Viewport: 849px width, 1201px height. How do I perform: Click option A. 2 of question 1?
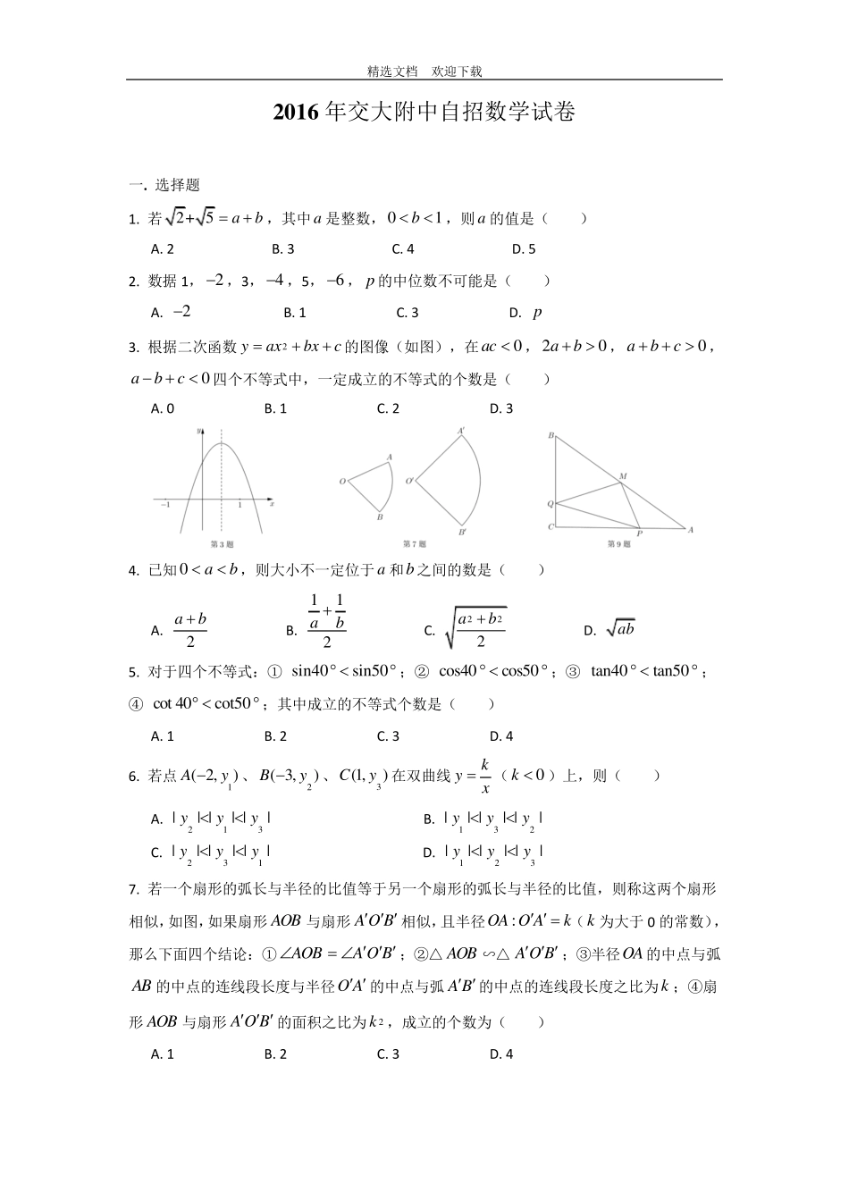pyautogui.click(x=163, y=249)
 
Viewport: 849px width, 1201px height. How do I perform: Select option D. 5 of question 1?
pyautogui.click(x=524, y=249)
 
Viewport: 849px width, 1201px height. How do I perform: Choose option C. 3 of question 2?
pyautogui.click(x=408, y=313)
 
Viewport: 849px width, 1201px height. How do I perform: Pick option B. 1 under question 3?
pyautogui.click(x=275, y=408)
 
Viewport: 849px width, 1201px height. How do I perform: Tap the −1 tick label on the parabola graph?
pyautogui.click(x=165, y=506)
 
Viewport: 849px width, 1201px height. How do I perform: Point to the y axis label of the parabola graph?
pyautogui.click(x=198, y=432)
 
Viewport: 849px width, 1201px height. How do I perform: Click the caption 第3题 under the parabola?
pyautogui.click(x=221, y=543)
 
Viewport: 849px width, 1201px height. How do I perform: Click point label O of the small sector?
pyautogui.click(x=342, y=482)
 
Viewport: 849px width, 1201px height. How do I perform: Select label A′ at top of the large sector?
pyautogui.click(x=461, y=431)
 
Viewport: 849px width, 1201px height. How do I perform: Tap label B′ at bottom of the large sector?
pyautogui.click(x=462, y=533)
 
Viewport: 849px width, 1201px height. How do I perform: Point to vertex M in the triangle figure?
pyautogui.click(x=622, y=476)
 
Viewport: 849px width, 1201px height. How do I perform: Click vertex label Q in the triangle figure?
pyautogui.click(x=551, y=505)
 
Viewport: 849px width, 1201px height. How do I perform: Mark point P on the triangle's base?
pyautogui.click(x=639, y=534)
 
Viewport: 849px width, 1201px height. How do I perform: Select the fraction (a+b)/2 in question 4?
pyautogui.click(x=190, y=630)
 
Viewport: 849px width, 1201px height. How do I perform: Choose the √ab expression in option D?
pyautogui.click(x=620, y=629)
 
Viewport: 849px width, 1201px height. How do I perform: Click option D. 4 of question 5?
pyautogui.click(x=501, y=736)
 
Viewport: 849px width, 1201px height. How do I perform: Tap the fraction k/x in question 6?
pyautogui.click(x=485, y=776)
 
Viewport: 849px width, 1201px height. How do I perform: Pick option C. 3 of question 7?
pyautogui.click(x=388, y=1054)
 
